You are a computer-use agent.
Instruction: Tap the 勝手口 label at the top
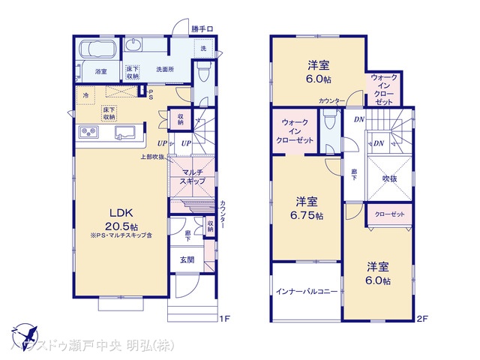pos(202,29)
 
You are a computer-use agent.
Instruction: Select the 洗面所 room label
pos(165,70)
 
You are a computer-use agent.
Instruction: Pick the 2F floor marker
pos(422,319)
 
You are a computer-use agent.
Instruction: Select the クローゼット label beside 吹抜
pos(388,214)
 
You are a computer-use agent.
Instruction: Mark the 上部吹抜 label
pos(152,157)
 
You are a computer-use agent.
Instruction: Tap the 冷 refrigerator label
pos(86,95)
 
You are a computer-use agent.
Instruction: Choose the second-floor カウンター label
pos(331,100)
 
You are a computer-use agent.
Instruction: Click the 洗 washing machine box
pos(202,48)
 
